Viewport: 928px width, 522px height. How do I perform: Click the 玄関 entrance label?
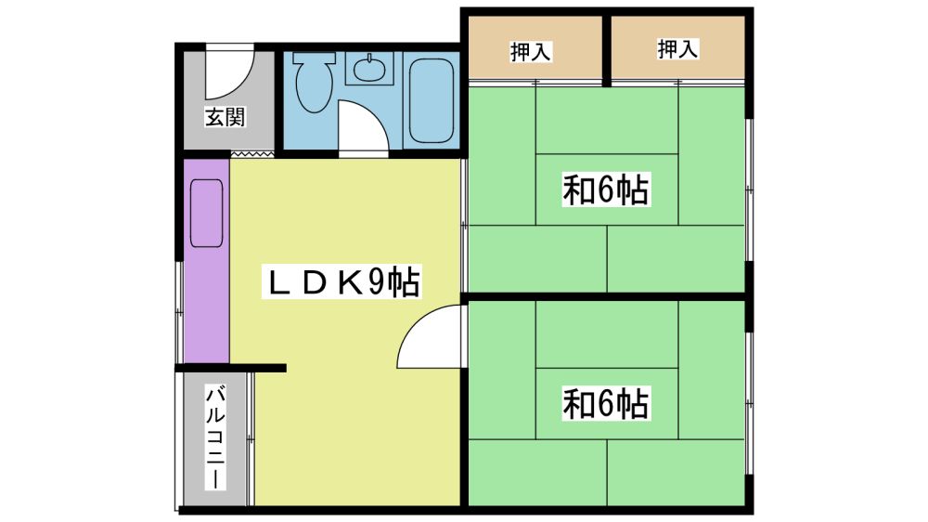(x=225, y=117)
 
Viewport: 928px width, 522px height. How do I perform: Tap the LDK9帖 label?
(x=342, y=281)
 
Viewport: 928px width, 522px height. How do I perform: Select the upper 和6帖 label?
(x=605, y=189)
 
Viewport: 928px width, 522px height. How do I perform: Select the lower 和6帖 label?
(x=605, y=403)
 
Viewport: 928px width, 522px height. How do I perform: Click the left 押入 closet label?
(x=531, y=51)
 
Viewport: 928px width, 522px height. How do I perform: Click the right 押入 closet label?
(x=677, y=48)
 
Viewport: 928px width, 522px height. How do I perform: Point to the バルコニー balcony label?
(x=215, y=437)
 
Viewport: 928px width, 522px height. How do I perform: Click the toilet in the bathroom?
(x=315, y=82)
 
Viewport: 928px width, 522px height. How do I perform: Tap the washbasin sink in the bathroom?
(x=370, y=68)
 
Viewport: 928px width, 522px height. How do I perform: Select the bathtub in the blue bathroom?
(x=432, y=100)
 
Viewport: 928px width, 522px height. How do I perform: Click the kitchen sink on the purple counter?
(x=207, y=214)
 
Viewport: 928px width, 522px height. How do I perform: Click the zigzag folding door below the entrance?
(x=252, y=154)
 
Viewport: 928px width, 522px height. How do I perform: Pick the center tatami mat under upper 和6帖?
(x=607, y=189)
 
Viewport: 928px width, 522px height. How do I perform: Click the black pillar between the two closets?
(x=607, y=51)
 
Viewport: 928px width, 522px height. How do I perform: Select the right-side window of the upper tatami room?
(x=749, y=189)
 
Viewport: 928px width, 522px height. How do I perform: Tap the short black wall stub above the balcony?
(x=231, y=368)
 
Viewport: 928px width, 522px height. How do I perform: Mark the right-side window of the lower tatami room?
(x=749, y=403)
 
